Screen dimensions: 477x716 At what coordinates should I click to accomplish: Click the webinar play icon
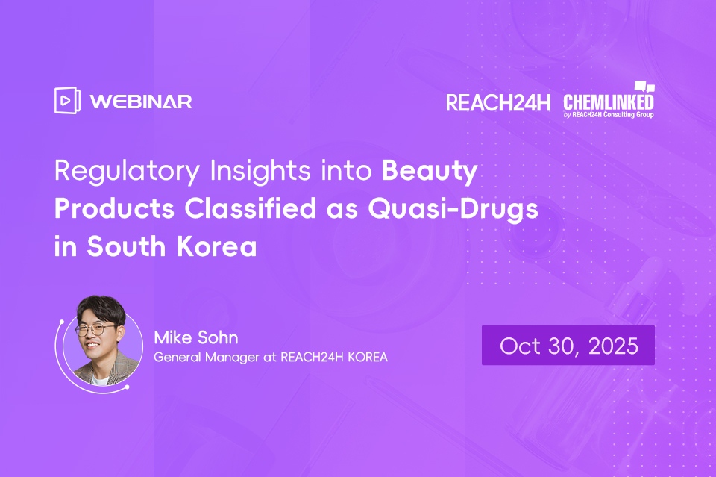pos(66,101)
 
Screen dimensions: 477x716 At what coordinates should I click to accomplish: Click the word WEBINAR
pos(141,102)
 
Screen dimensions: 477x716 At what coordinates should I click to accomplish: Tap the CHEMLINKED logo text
pos(609,102)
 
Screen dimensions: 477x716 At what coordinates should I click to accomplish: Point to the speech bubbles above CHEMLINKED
pos(644,87)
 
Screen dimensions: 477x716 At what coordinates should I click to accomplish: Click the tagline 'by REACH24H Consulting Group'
pos(610,115)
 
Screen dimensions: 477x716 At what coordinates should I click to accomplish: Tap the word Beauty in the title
pos(430,172)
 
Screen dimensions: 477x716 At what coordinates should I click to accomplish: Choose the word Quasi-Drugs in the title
pos(453,209)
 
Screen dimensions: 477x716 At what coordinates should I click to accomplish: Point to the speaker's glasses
pos(95,329)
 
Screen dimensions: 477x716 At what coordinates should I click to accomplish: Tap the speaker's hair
pos(95,308)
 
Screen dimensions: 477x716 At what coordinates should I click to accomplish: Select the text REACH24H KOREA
pos(334,358)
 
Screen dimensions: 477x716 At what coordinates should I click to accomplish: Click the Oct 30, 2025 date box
pos(568,346)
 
